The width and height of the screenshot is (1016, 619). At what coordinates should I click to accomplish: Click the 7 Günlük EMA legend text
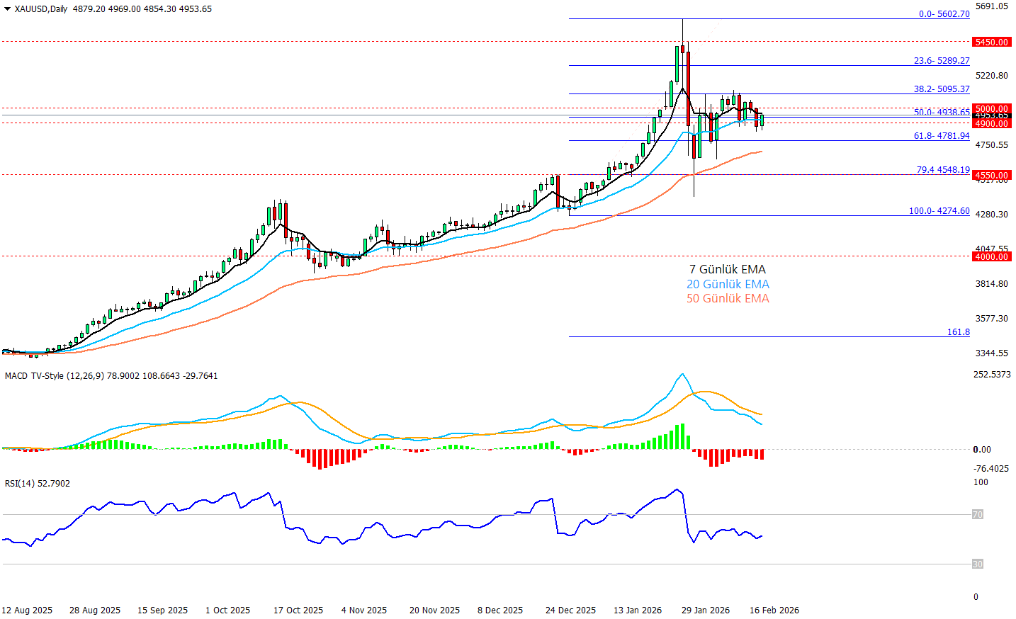727,269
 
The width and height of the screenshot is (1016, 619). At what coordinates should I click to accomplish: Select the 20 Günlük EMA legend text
727,284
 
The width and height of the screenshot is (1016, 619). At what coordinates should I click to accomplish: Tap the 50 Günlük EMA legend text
727,298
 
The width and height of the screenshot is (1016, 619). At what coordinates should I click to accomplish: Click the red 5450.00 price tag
991,42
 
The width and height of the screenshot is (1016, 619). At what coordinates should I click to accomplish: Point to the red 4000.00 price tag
991,256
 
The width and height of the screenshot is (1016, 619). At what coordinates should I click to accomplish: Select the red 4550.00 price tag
991,175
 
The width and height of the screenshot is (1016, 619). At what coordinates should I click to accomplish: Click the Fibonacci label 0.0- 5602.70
944,14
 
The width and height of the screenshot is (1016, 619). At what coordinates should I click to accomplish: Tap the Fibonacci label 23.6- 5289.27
941,61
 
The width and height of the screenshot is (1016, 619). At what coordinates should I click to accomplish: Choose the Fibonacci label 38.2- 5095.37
941,89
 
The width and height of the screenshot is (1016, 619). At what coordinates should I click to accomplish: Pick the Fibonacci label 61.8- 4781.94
941,136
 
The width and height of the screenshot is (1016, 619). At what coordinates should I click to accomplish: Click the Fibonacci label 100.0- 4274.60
939,211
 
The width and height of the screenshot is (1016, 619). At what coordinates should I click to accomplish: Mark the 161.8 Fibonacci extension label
958,332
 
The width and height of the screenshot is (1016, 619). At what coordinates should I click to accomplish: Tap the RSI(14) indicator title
20,484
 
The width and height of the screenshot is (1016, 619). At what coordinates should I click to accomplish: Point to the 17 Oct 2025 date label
298,611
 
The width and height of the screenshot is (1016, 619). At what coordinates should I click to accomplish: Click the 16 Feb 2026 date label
774,611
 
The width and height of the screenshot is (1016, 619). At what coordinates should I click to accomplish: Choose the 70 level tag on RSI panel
978,515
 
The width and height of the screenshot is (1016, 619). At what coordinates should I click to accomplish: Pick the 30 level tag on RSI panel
978,564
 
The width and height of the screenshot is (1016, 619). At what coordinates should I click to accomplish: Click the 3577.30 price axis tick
991,319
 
